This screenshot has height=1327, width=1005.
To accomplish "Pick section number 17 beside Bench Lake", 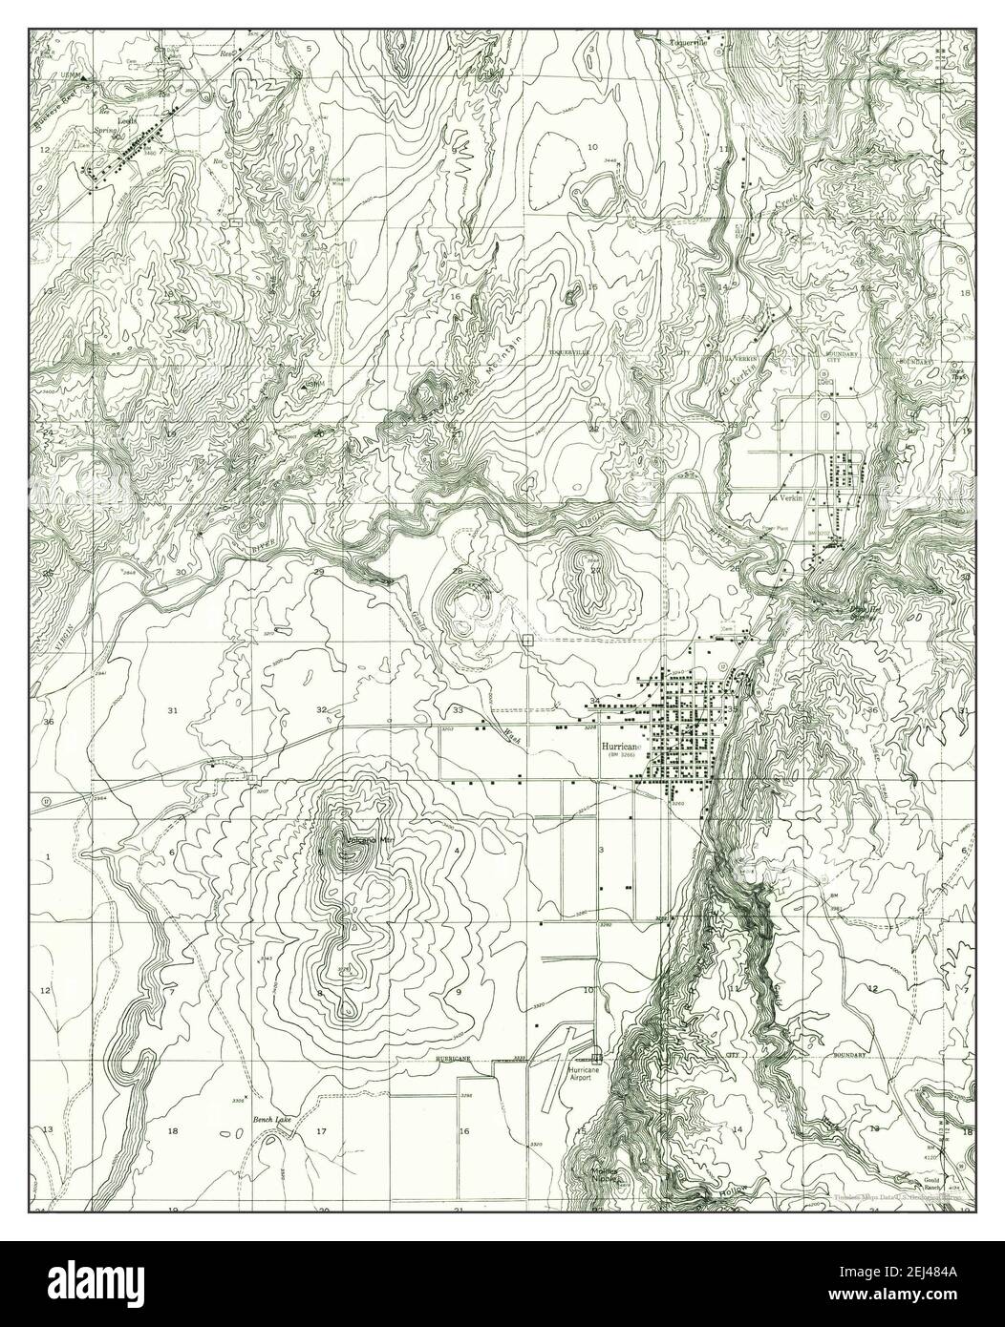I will click(x=322, y=1132).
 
